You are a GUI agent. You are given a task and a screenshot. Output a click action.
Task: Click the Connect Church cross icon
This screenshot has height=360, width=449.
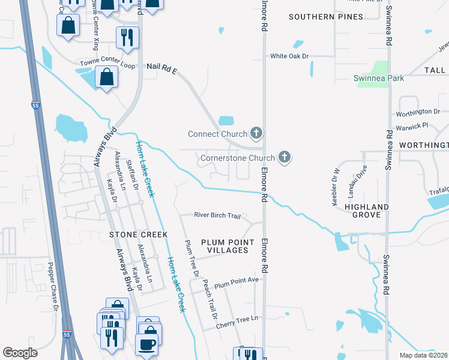pos(256,133)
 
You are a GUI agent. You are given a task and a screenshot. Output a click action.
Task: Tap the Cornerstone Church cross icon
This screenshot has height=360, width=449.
pos(285,158)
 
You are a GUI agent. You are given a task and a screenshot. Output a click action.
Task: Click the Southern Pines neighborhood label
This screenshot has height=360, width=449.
pos(325,17)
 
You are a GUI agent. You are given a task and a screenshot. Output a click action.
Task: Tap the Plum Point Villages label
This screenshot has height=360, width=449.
pos(224,246)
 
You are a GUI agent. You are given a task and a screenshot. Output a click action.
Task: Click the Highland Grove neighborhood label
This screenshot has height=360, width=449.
pos(366,211)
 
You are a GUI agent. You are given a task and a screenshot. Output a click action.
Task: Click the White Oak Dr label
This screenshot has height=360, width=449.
pos(289,56)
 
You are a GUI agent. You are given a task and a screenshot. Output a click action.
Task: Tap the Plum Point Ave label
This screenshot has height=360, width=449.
pos(236,281)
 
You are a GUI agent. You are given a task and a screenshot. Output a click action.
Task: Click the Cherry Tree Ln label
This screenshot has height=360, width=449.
pos(237,319)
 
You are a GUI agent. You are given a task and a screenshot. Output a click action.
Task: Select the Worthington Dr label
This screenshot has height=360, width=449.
pos(418,112)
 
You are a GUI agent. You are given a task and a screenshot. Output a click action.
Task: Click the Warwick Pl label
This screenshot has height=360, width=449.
pos(412,126)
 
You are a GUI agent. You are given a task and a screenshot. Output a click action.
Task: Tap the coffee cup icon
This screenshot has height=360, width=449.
pos(146,344)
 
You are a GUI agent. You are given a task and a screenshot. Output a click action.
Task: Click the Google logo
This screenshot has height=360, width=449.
pos(20,353)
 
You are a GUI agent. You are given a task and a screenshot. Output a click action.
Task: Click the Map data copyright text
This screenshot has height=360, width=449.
pos(424,355)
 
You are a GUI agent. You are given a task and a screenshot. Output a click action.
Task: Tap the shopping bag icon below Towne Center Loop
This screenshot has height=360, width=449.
pos(106,77)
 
